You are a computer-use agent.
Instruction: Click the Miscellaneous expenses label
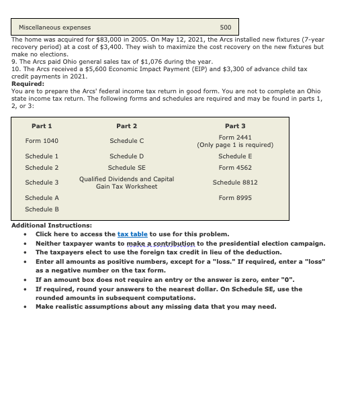pos(54,28)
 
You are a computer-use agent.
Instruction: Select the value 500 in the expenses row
pos(226,28)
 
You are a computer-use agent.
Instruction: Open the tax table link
pos(132,234)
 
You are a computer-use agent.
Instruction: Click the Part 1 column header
pos(42,126)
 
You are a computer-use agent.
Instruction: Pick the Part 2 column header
pos(126,126)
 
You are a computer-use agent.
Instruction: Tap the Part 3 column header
pos(235,126)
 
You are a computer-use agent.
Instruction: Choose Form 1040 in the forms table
pos(42,141)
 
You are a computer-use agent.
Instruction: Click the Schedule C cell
pos(126,141)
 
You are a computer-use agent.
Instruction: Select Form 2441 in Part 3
pos(235,137)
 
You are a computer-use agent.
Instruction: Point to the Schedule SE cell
pos(126,168)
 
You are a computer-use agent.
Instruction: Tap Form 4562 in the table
pos(235,168)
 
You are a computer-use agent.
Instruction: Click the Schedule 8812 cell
pos(235,183)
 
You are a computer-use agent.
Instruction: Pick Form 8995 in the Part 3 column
pos(235,198)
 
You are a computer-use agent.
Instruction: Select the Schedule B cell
pos(42,209)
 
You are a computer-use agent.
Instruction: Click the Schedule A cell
pos(42,198)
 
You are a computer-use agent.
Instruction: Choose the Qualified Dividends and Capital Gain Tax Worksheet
pos(126,183)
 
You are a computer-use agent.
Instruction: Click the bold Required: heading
pos(28,84)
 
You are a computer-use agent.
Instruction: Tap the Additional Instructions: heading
pos(52,225)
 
